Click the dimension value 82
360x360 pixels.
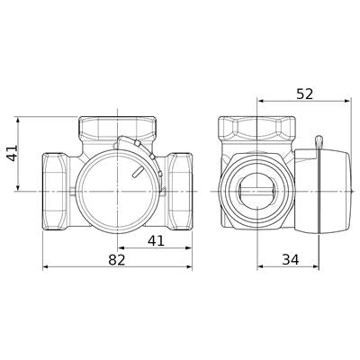pos(117,259)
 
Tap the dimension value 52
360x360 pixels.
pos(304,94)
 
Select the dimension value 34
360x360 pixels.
pos(291,259)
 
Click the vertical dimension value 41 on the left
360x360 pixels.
pos(13,153)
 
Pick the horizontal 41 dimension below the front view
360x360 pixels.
pos(157,240)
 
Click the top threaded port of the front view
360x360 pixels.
pos(118,129)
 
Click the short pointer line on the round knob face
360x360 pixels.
pos(137,172)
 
